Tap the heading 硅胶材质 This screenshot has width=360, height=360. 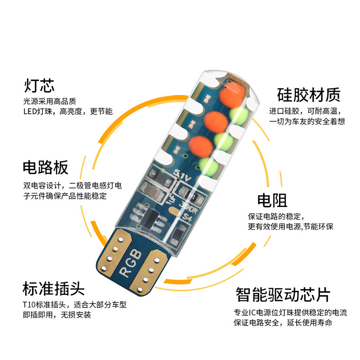(308, 95)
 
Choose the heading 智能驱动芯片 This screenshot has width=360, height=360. (283, 295)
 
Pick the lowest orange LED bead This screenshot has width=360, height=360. (199, 146)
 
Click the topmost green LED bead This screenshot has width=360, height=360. (241, 114)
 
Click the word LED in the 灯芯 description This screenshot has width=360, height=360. (31, 111)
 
